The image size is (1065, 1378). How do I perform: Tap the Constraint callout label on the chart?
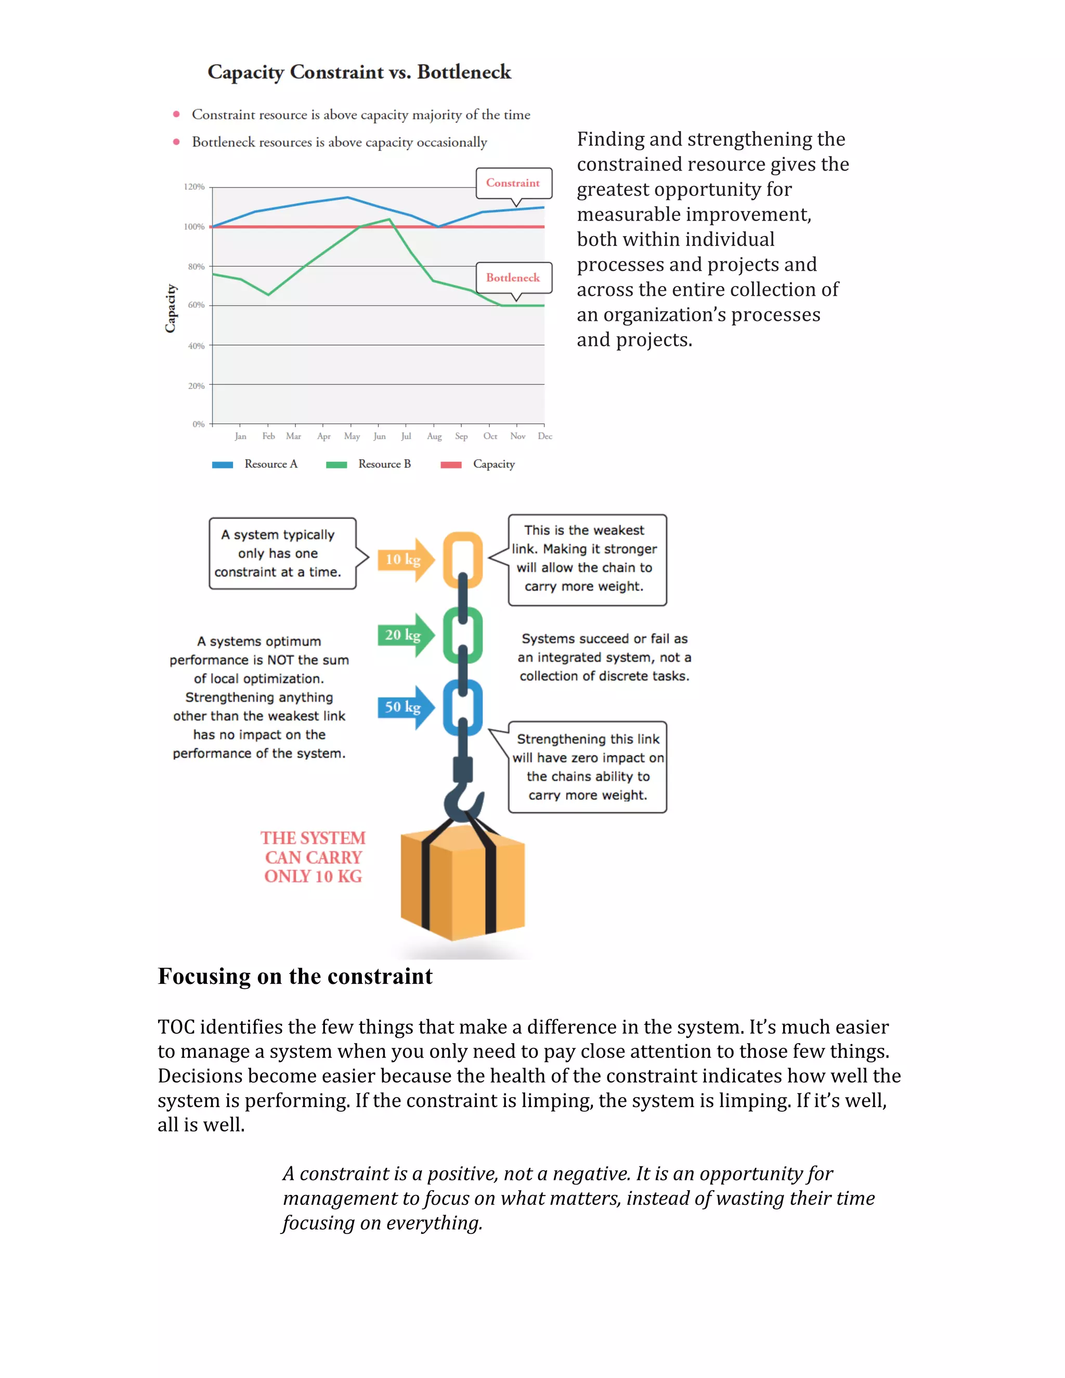(x=513, y=184)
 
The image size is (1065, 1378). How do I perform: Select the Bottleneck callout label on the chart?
(x=513, y=278)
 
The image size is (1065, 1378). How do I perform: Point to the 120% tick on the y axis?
(x=194, y=187)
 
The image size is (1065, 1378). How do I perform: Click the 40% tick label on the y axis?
(x=196, y=346)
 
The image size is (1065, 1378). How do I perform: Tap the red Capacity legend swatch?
(x=450, y=465)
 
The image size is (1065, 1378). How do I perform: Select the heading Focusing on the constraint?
(x=295, y=977)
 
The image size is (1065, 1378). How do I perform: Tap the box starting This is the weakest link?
(x=587, y=560)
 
